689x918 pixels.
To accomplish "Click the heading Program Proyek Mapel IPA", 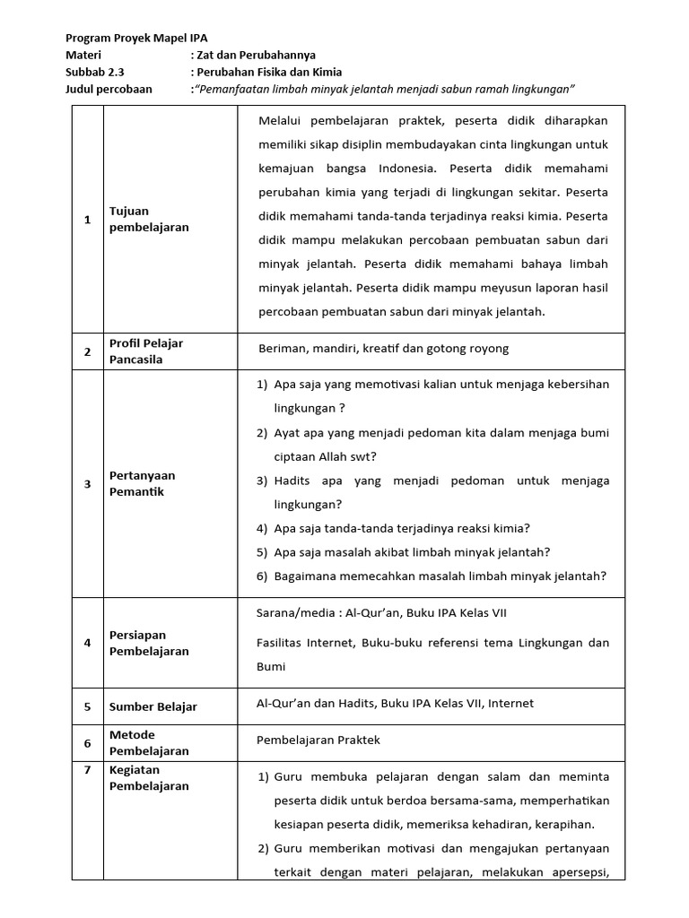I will pyautogui.click(x=136, y=39).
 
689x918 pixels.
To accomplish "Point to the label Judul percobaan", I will pyautogui.click(x=109, y=90).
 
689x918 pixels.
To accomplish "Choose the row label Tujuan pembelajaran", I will pyautogui.click(x=148, y=220).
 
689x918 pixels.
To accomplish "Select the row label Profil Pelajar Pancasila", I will pyautogui.click(x=146, y=351).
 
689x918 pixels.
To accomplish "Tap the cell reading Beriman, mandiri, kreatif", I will pyautogui.click(x=383, y=350).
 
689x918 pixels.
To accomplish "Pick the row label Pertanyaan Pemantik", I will pyautogui.click(x=142, y=483).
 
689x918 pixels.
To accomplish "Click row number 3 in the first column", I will pyautogui.click(x=87, y=484).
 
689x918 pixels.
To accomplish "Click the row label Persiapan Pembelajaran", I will pyautogui.click(x=149, y=643).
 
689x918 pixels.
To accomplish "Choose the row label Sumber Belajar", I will pyautogui.click(x=153, y=706).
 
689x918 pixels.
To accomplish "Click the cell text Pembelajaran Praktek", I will pyautogui.click(x=318, y=740).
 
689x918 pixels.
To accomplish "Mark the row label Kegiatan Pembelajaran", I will pyautogui.click(x=149, y=778).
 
